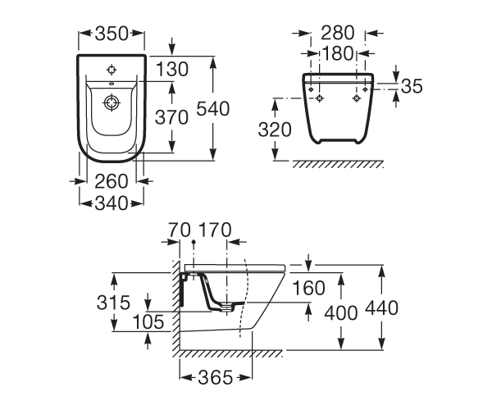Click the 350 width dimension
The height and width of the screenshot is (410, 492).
coord(112,34)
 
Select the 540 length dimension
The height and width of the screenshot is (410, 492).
coord(213,109)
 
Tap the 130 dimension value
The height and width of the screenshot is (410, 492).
coord(172,69)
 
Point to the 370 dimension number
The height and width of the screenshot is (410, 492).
coord(171,117)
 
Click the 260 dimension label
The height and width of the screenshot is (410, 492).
coord(112,181)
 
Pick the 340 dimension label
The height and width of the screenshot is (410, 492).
coord(112,203)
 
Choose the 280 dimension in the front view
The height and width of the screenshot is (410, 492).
coord(338,33)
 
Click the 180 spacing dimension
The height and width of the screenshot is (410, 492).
coord(338,53)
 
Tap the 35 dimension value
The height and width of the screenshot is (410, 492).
coord(412,86)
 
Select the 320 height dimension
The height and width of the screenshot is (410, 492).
coord(275,130)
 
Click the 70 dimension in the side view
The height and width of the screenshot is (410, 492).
coord(180,230)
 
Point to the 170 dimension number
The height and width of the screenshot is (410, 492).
coord(215,230)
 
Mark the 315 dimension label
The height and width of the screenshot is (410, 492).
coord(113,303)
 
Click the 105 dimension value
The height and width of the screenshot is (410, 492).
coord(148,321)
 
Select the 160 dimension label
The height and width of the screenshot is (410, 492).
coord(309,288)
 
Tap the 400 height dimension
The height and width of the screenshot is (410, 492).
coord(341,312)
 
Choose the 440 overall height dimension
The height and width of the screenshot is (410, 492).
coord(381,307)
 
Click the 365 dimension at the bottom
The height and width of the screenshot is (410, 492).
coord(216,377)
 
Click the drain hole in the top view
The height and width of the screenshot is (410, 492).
coord(112,102)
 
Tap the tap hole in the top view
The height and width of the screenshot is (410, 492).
coord(112,70)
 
